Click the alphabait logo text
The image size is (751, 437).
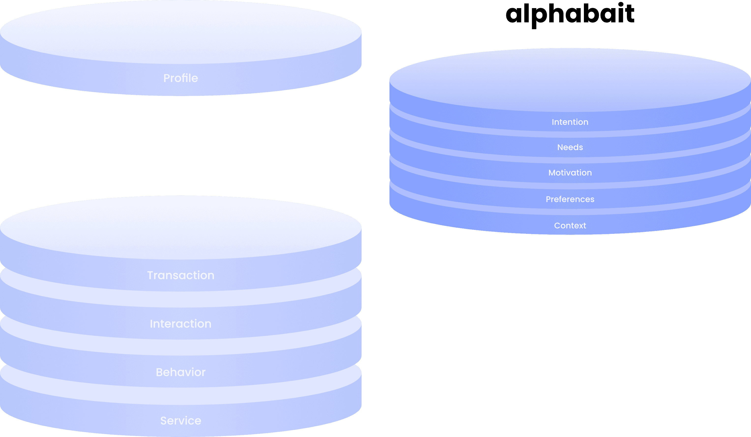[x=570, y=14]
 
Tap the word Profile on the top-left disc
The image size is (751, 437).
[x=181, y=78]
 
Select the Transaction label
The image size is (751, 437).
[x=181, y=275]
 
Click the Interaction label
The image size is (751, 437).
[x=181, y=324]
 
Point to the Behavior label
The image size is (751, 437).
[x=181, y=372]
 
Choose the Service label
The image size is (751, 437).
[x=181, y=421]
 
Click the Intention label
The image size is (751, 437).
[x=570, y=122]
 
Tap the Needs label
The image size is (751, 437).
[x=570, y=147]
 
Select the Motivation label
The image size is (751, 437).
[x=570, y=172]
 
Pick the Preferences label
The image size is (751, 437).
[x=570, y=199]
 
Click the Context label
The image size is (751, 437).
[x=570, y=226]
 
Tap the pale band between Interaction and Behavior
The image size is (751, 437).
[x=181, y=347]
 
